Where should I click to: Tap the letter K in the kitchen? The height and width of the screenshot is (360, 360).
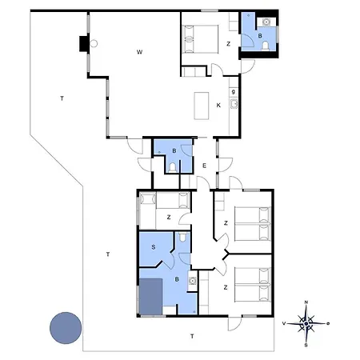tap(218, 105)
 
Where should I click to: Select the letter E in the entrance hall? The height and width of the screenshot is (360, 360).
tap(205, 165)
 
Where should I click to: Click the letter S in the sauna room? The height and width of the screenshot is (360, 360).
tap(153, 246)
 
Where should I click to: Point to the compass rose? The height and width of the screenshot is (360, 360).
tap(306, 323)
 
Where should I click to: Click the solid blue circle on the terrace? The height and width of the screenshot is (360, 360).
tap(65, 327)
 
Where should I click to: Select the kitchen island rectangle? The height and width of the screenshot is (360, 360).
tap(202, 105)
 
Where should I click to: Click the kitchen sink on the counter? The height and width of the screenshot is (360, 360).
tap(234, 106)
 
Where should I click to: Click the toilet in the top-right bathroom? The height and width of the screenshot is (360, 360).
tap(265, 47)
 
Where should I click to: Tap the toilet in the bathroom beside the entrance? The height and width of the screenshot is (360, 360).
tap(174, 166)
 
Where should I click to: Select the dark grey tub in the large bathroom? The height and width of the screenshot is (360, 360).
tap(151, 297)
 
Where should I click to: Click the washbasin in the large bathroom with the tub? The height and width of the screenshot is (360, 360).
tap(193, 281)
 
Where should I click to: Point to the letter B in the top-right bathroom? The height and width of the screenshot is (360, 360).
tap(260, 35)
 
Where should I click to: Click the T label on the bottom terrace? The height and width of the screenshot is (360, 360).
tap(192, 336)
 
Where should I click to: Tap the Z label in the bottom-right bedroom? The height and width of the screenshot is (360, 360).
tap(226, 286)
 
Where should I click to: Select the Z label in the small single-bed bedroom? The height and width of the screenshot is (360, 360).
tap(168, 217)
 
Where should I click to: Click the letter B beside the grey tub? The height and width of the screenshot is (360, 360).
tap(177, 279)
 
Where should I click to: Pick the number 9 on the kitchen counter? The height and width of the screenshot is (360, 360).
tap(233, 92)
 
